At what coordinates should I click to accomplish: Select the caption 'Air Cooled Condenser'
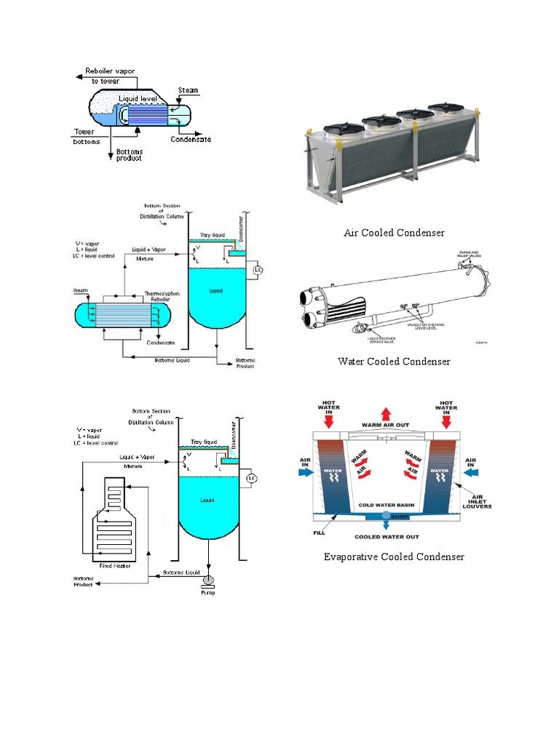point(394,233)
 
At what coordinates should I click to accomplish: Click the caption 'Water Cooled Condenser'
point(394,362)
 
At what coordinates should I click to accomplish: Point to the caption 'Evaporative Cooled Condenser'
point(394,557)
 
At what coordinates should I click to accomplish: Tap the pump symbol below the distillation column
point(208,580)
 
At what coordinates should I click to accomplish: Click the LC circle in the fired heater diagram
point(252,478)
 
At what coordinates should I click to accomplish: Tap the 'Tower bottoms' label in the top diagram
point(87,136)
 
